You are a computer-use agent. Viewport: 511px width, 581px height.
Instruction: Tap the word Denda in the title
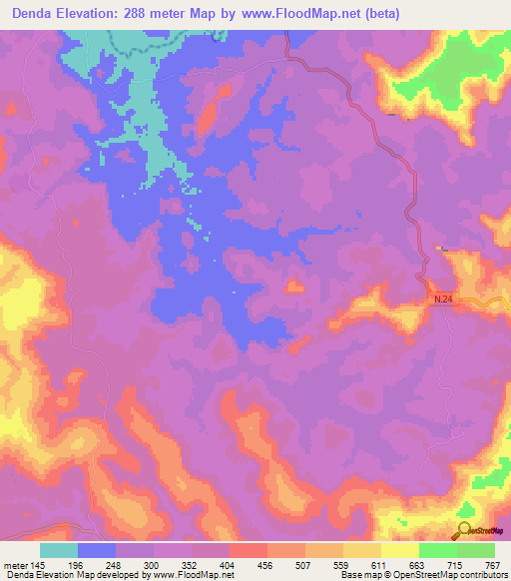[30, 14]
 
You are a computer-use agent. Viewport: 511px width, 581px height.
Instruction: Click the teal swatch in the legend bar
[59, 550]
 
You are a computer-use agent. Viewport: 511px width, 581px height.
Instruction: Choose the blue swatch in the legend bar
[97, 550]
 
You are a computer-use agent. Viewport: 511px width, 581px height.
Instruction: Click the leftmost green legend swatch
[438, 550]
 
